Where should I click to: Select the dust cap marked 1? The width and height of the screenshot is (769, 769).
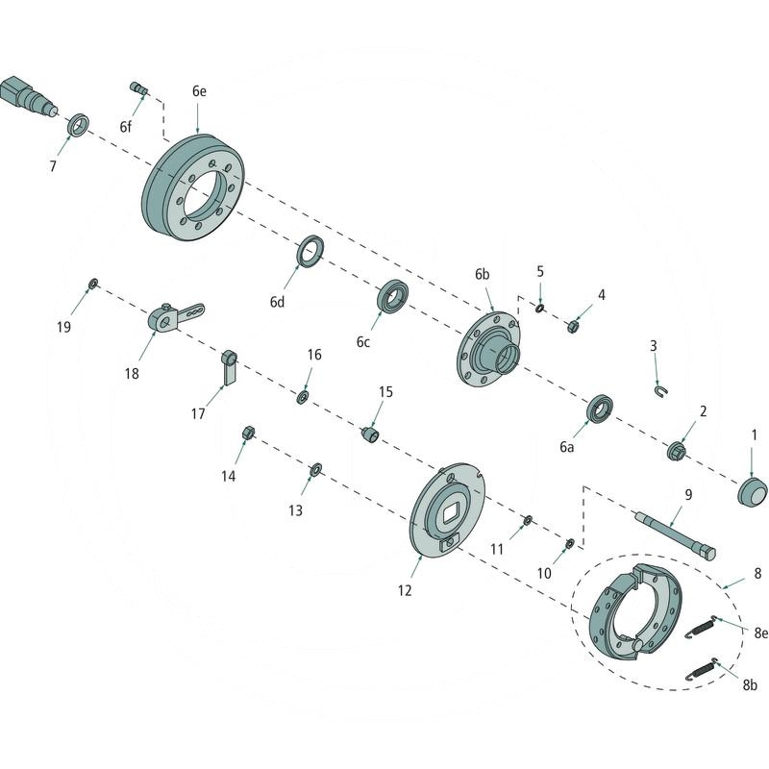pyautogui.click(x=752, y=491)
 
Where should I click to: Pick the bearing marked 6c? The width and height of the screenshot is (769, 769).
pyautogui.click(x=392, y=295)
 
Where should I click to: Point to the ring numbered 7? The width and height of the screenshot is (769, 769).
pyautogui.click(x=79, y=125)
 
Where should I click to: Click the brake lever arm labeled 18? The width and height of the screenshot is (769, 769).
pyautogui.click(x=173, y=317)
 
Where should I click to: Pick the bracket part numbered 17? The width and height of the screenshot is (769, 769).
pyautogui.click(x=229, y=367)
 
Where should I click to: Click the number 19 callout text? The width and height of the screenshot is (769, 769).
pyautogui.click(x=63, y=327)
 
